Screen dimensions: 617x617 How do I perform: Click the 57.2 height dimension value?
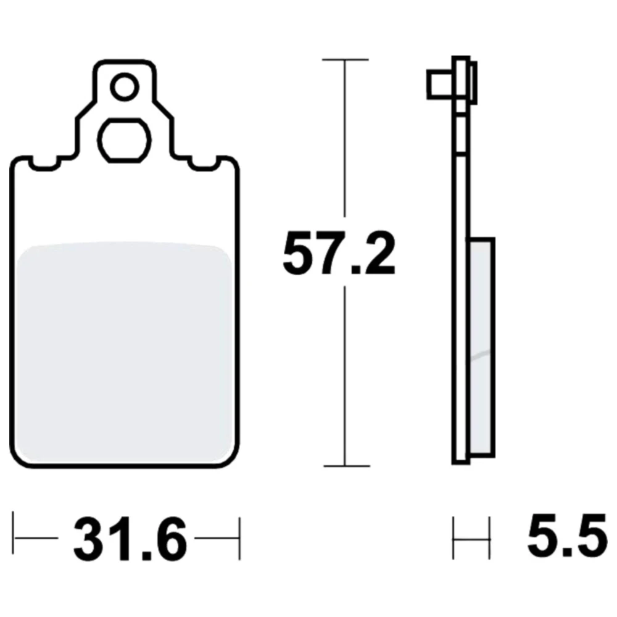(x=339, y=254)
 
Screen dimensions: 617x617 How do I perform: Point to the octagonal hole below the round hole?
(x=124, y=140)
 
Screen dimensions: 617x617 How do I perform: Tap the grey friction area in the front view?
(x=125, y=352)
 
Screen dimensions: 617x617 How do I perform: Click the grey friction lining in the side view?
(x=482, y=347)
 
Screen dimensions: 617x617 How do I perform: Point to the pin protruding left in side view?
(x=439, y=84)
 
